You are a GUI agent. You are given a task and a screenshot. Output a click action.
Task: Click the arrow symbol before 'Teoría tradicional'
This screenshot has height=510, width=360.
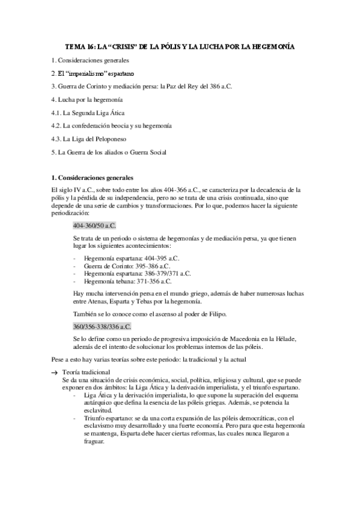coord(54,373)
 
